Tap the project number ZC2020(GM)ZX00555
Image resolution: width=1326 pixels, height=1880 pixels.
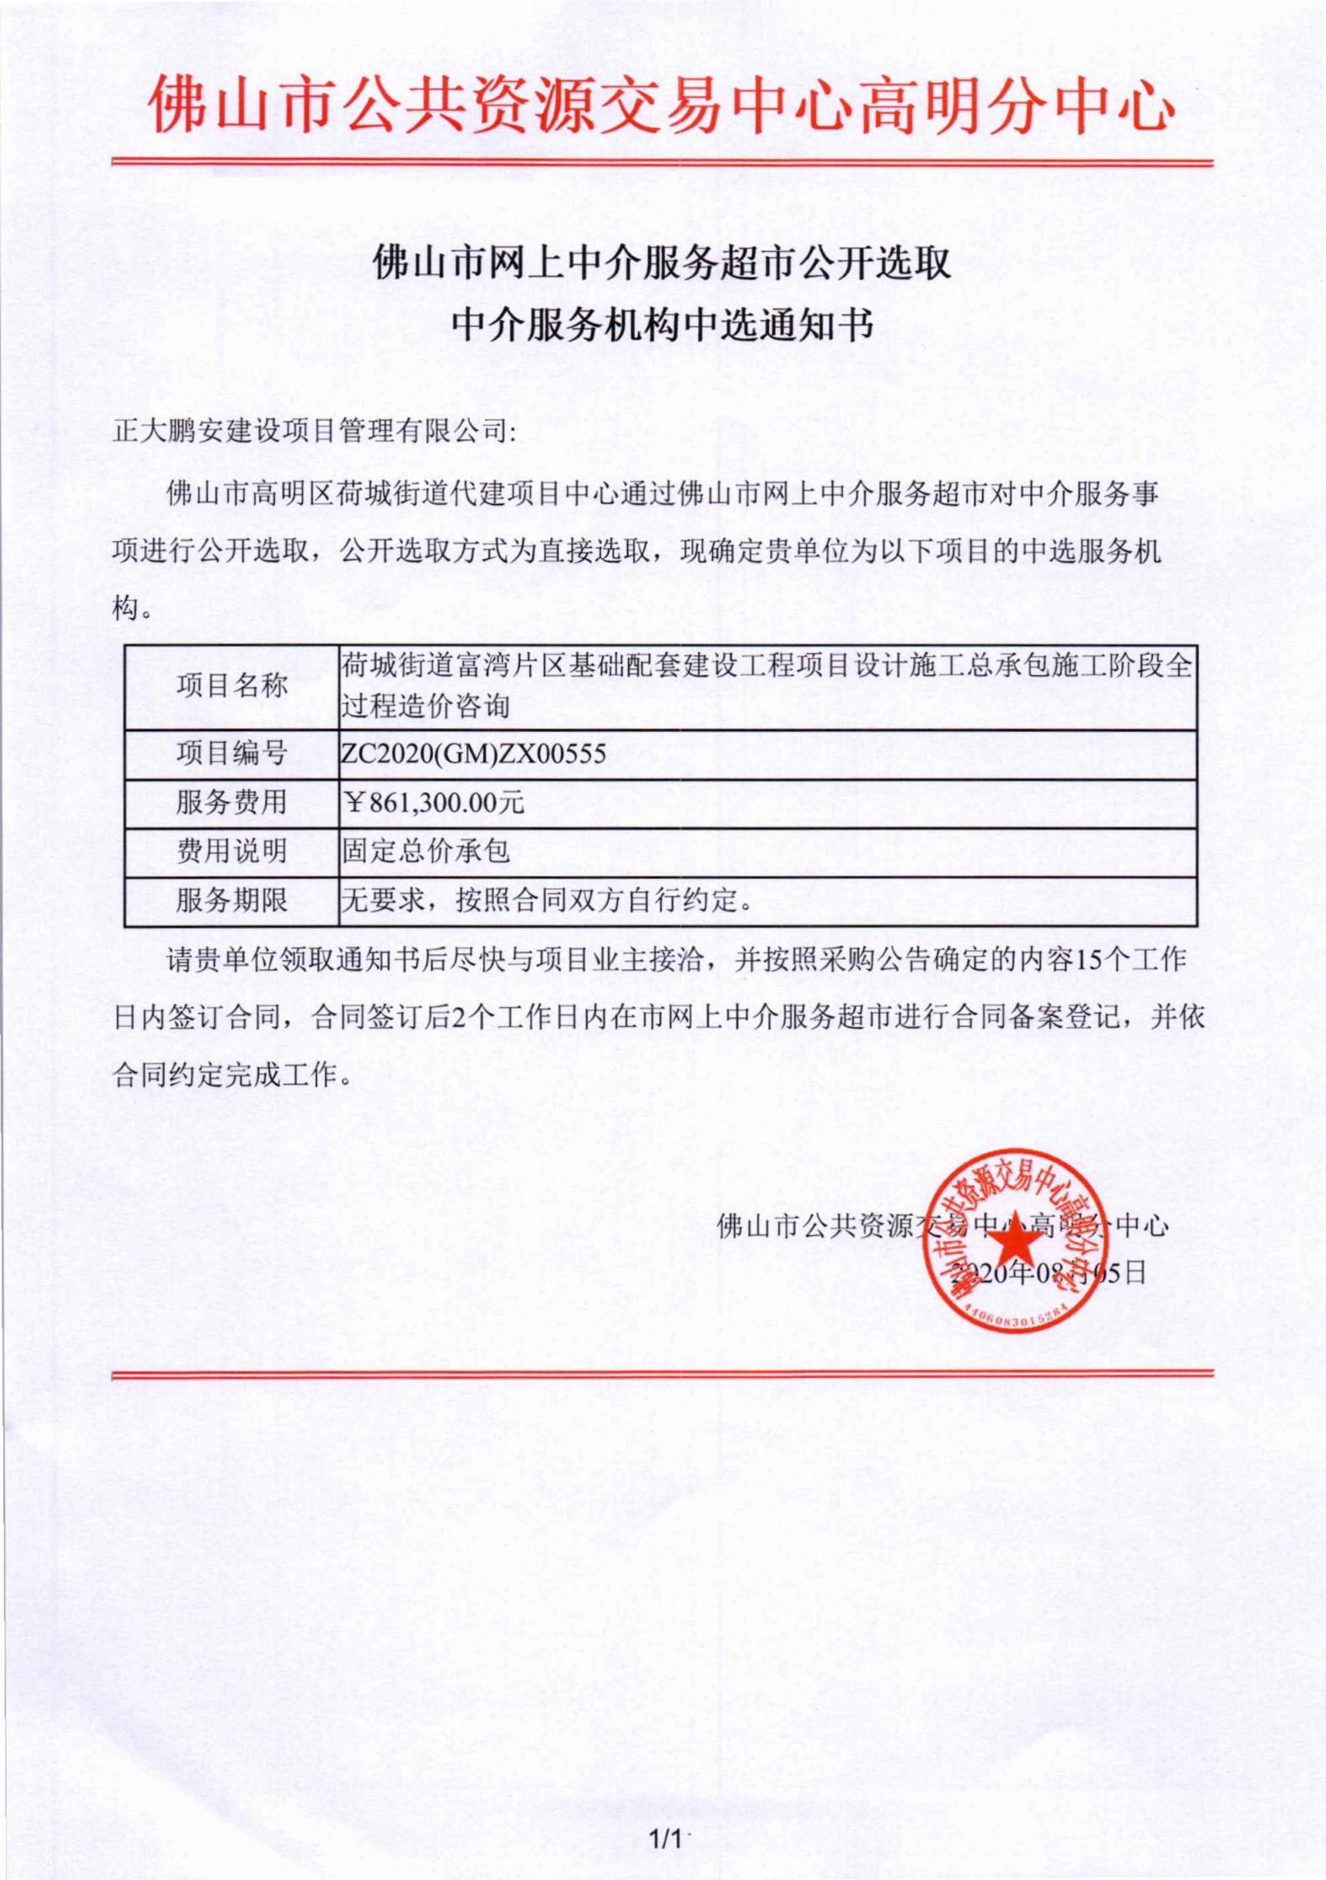473,754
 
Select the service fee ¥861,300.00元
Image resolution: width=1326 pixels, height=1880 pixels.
434,803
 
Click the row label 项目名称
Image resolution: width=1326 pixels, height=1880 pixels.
232,687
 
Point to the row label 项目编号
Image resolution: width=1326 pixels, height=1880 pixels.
232,754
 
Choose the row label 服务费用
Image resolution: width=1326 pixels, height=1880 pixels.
232,803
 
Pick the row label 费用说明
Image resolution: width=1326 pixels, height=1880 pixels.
232,851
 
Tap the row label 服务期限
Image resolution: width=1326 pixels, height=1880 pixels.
232,901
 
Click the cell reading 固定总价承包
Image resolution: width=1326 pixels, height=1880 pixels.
426,851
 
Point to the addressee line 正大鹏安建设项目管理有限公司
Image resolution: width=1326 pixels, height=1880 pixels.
315,432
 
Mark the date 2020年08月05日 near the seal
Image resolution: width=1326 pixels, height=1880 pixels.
1050,1274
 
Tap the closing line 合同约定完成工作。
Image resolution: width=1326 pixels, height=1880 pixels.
233,1075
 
